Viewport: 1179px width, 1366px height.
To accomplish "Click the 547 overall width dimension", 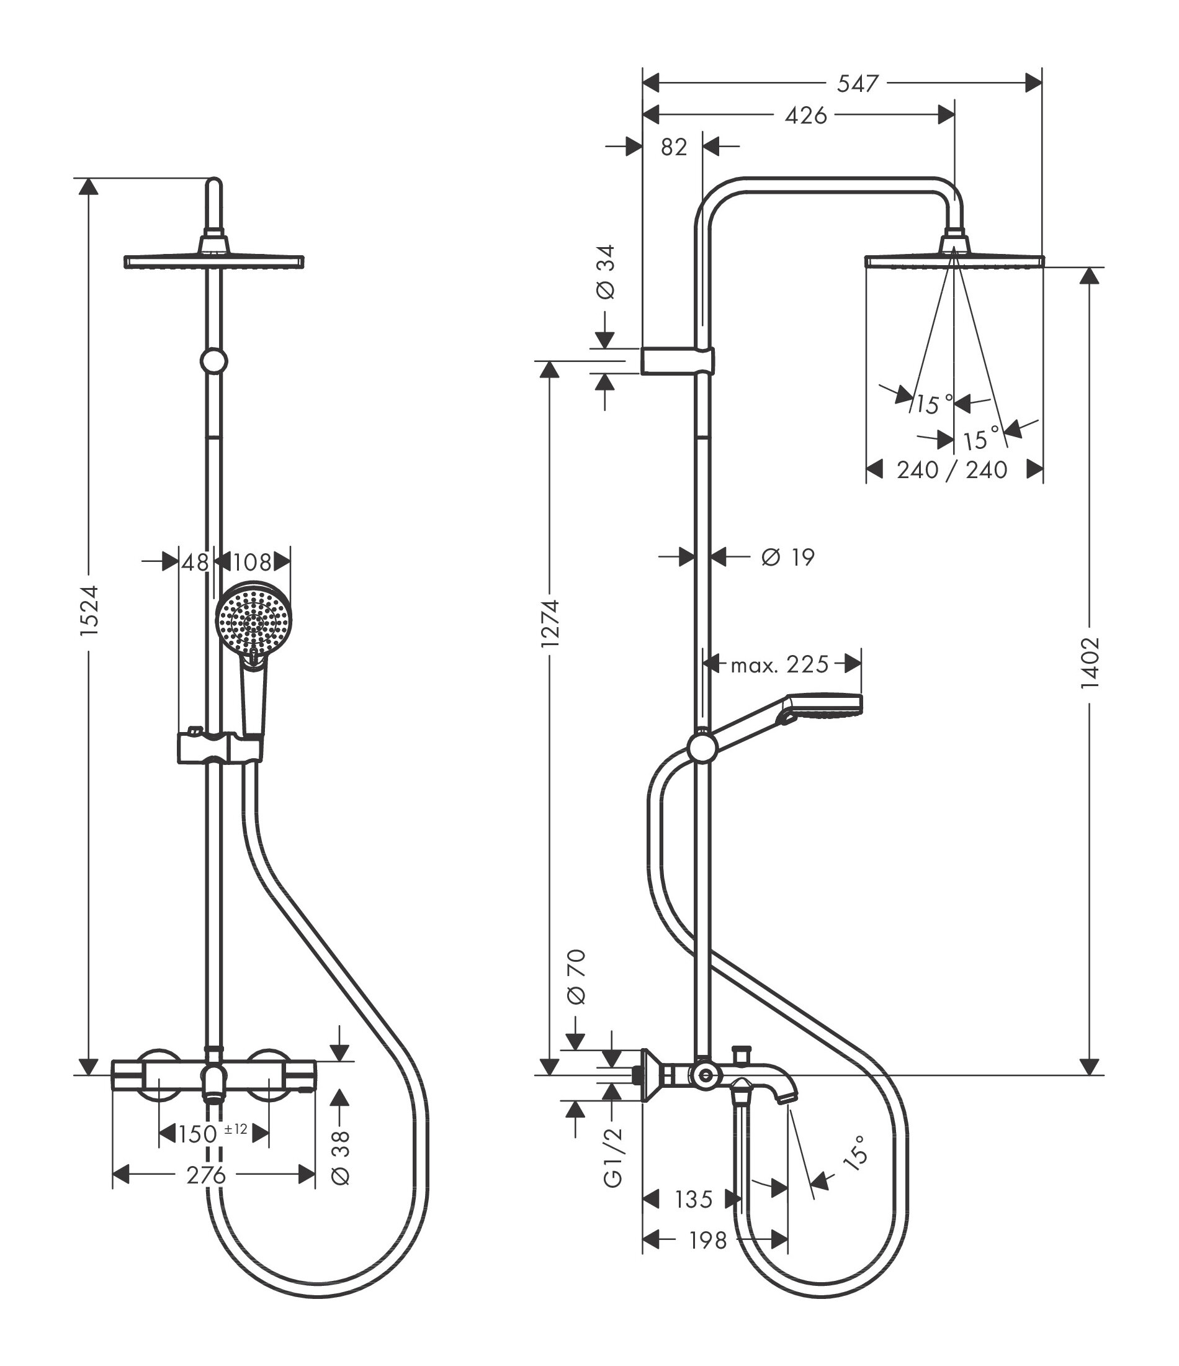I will (x=858, y=84).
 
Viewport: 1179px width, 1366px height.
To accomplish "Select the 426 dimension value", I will (x=805, y=116).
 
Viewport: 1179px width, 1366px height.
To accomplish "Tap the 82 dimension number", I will (x=673, y=148).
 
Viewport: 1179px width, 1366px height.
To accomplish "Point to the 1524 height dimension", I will (x=89, y=610).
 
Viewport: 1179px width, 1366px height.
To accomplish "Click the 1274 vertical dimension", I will (x=550, y=623).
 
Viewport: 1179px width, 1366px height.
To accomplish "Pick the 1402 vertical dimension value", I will (x=1090, y=663).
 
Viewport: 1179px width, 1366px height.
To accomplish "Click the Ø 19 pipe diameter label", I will (x=787, y=558).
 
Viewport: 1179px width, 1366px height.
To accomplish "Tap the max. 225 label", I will (x=779, y=664).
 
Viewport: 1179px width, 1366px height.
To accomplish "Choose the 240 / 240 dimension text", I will (x=952, y=470).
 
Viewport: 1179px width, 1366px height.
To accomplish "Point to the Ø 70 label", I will (x=576, y=986).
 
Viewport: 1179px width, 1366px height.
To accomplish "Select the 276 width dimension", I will (x=205, y=1175).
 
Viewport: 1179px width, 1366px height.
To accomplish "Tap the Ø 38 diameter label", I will (x=341, y=1157).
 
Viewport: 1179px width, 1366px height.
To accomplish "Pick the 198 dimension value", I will (x=708, y=1241).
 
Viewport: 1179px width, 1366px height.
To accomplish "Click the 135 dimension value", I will (x=693, y=1199).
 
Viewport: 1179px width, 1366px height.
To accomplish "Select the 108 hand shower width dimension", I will (x=253, y=563).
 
